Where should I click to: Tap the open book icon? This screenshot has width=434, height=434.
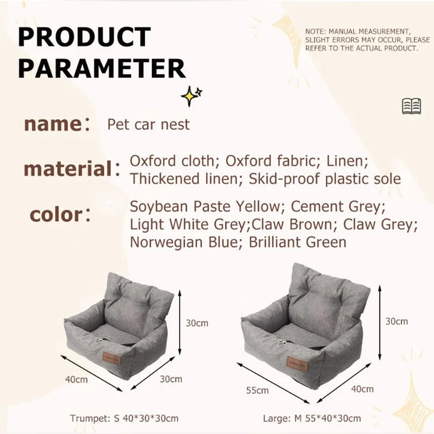[411, 106]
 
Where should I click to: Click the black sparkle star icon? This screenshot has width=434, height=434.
[191, 95]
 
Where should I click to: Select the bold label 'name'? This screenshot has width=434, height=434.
[53, 124]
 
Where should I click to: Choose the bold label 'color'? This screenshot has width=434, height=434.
[56, 214]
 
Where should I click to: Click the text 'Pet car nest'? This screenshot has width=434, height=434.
[148, 124]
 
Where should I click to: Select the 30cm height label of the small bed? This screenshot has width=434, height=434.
[197, 323]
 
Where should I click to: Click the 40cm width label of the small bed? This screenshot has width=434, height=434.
[76, 379]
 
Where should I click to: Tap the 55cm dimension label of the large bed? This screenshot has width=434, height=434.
[257, 390]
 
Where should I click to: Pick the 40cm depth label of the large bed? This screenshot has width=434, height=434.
[362, 389]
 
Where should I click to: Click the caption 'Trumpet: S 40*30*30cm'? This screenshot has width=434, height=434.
[124, 418]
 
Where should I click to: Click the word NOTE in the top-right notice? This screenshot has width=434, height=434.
[316, 32]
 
